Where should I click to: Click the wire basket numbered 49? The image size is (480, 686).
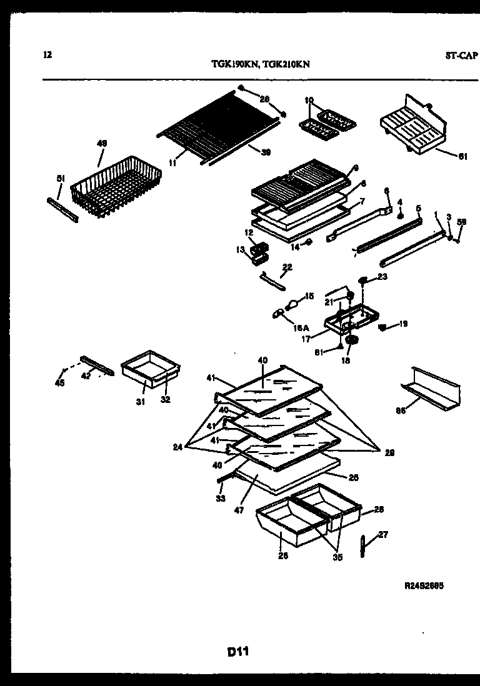(107, 184)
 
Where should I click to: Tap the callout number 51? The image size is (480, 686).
(61, 179)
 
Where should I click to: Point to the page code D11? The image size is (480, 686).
(238, 652)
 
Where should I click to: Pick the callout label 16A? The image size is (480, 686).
(302, 327)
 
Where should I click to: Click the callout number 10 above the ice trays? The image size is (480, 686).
(309, 100)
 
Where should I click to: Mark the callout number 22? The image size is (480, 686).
(287, 267)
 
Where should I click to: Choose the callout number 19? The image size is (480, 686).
(403, 324)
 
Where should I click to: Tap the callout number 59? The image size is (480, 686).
(462, 222)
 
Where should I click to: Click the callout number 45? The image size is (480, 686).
(61, 384)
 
